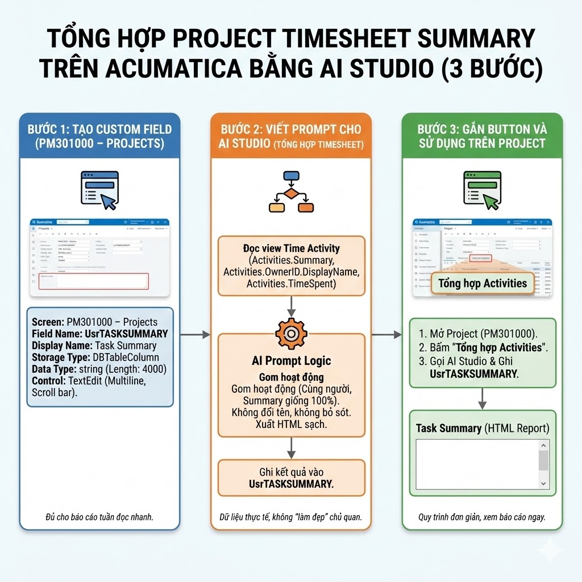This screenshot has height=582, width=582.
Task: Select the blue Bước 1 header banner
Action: tap(100, 136)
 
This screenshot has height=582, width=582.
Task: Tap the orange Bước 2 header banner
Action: tap(291, 136)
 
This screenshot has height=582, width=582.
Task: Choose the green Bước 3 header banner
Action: tap(482, 136)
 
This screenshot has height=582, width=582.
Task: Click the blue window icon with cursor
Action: tap(98, 190)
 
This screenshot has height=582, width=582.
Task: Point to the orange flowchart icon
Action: tap(290, 192)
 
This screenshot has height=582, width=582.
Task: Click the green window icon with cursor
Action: tap(481, 190)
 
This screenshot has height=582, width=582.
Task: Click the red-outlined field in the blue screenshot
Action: tap(93, 281)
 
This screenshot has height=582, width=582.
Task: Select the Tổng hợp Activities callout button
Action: tap(483, 283)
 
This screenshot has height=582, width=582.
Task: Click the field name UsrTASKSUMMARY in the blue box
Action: tap(126, 334)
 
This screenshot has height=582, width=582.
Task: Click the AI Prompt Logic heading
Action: tap(291, 361)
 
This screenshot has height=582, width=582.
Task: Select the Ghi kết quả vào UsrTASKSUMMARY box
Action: tap(291, 478)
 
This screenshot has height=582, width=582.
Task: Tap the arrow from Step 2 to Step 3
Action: tap(386, 335)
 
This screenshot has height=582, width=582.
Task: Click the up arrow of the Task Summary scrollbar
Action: tap(543, 446)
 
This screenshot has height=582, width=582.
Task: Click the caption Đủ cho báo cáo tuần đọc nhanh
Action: tap(99, 517)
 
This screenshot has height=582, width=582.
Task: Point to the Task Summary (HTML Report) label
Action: tap(483, 428)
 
